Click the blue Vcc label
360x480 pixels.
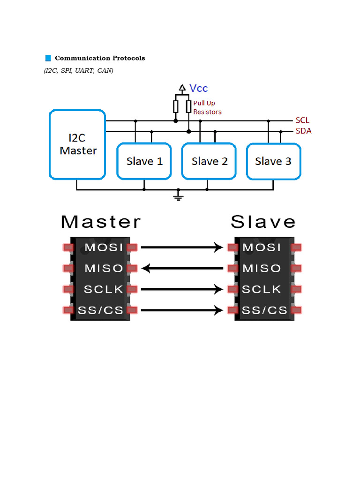pos(199,88)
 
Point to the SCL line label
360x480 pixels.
pos(302,120)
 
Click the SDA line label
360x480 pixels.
pos(303,131)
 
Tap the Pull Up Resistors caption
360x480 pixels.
pos(207,107)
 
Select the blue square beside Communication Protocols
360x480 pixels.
pos(48,58)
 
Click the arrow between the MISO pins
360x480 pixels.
pos(182,269)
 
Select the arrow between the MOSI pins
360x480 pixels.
pos(182,247)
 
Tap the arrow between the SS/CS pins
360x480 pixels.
pos(182,310)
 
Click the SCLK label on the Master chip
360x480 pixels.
pos(104,289)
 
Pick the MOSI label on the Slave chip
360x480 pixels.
pos(262,247)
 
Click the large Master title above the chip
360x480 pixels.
pos(101,222)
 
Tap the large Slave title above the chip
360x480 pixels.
pos(263,222)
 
